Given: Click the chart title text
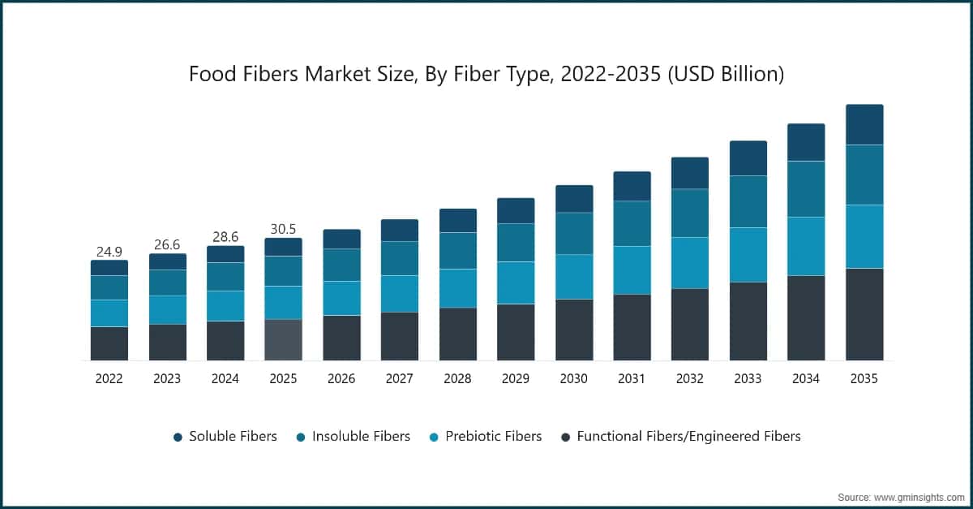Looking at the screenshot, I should point(486,75).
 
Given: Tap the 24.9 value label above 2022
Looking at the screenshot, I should point(109,252).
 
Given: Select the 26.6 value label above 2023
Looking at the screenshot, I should point(167,245).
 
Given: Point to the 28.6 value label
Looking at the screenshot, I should point(225,237).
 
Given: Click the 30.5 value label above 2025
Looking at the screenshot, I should point(283,229).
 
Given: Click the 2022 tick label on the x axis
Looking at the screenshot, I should point(109,378).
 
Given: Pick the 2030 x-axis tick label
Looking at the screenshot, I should point(574,378).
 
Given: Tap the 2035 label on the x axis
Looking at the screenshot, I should point(864,378).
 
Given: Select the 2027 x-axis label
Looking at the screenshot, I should point(400,378).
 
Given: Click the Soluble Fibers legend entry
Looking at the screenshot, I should point(225,437).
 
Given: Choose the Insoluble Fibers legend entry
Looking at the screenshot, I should point(353,437).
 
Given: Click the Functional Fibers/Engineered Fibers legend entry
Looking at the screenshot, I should point(681,437).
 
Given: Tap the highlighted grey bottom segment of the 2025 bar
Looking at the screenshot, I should point(283,339).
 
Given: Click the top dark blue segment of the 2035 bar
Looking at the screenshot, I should point(864,124).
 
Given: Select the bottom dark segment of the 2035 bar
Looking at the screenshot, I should point(864,314).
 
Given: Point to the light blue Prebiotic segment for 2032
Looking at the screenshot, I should point(690,263).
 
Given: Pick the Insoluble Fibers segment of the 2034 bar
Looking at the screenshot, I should point(806,189).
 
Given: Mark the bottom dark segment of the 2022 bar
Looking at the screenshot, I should point(109,343).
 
